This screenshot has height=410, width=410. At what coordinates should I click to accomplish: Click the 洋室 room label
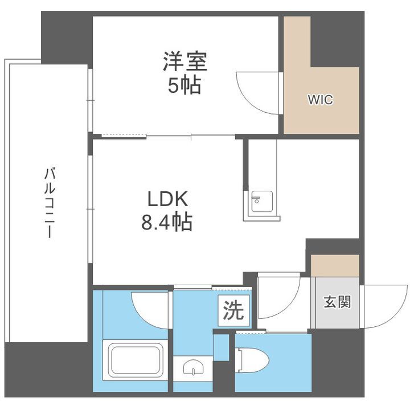coord(185,61)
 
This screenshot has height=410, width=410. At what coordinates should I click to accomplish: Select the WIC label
coord(320,100)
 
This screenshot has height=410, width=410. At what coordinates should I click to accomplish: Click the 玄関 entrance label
coord(337,302)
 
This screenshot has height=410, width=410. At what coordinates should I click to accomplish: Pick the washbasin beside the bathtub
coord(193,368)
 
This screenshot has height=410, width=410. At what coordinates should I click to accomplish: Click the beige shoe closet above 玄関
coord(335,265)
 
